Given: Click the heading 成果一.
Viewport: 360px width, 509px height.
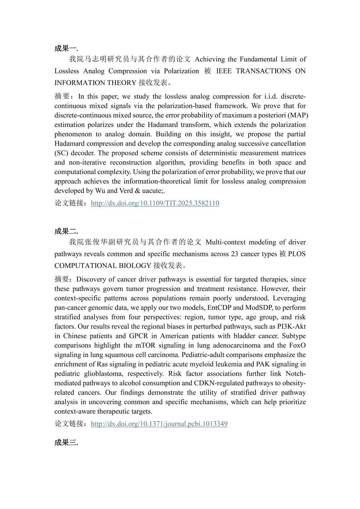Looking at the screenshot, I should click(66, 48).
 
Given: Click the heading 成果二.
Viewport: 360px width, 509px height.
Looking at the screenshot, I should click(66, 231).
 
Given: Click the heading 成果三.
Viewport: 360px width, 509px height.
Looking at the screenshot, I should click(66, 442).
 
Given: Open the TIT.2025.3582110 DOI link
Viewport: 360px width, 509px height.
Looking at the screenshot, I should click(155, 203).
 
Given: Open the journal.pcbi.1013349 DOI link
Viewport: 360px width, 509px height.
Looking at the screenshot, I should click(159, 424).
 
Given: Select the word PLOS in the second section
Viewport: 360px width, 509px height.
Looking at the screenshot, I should click(297, 254).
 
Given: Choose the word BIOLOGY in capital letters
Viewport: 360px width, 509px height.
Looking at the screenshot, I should click(135, 266).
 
